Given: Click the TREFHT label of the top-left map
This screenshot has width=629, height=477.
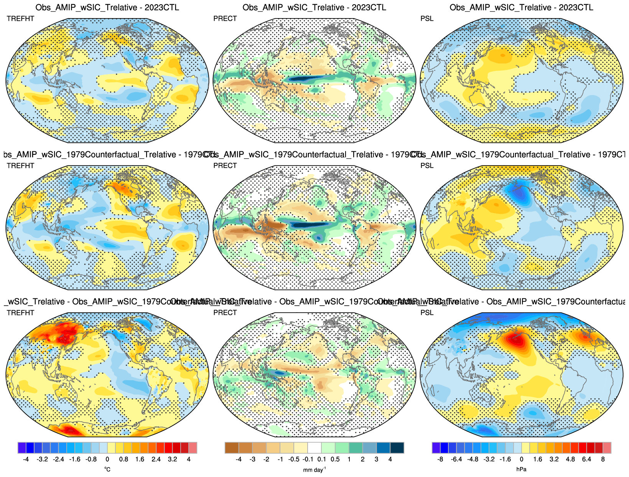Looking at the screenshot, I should click(20, 18).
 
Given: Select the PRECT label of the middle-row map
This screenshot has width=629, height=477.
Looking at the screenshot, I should click(225, 166).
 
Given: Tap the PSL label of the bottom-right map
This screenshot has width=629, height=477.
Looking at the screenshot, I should click(427, 313).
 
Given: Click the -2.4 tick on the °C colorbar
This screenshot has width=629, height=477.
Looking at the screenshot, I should click(59, 459).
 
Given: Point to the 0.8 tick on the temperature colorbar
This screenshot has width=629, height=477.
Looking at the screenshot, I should click(123, 459).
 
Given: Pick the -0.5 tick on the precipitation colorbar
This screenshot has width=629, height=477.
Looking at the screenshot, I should click(294, 459).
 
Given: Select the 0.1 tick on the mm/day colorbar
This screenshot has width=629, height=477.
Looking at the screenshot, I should click(321, 459).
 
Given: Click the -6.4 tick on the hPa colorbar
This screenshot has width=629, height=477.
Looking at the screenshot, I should click(456, 459).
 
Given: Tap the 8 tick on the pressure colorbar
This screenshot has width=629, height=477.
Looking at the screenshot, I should click(603, 459).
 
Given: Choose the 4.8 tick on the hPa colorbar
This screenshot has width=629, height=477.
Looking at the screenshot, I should click(570, 459).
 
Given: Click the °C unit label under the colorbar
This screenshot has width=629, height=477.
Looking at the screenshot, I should click(107, 469).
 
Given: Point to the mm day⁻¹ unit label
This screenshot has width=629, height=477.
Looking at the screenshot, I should click(314, 469).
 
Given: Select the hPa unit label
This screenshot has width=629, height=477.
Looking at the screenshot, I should click(521, 469).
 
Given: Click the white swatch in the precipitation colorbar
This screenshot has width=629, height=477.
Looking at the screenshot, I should click(314, 448).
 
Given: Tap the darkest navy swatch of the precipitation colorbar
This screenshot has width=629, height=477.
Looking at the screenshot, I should click(397, 448).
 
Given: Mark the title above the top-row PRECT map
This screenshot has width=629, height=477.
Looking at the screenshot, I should click(314, 7).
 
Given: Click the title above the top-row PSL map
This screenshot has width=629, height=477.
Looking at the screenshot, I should click(521, 7).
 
